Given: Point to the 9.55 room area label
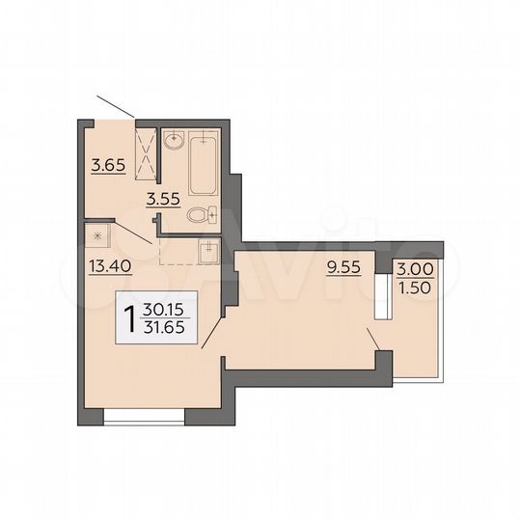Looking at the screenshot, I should click(344, 267).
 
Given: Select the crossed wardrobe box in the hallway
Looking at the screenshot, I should click(147, 154).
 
